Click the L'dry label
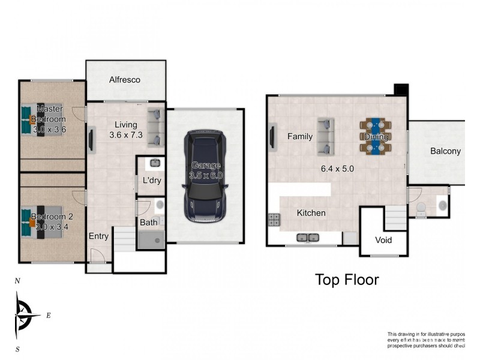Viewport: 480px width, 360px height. pyautogui.click(x=151, y=181)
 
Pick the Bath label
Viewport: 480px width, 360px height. pyautogui.click(x=148, y=223)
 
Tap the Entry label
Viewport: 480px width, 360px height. pyautogui.click(x=98, y=236)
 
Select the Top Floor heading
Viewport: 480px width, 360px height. pyautogui.click(x=347, y=279)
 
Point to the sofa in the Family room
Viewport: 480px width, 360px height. pyautogui.click(x=326, y=136)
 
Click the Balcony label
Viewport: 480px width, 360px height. pyautogui.click(x=445, y=151)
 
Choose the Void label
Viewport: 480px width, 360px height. pyautogui.click(x=383, y=239)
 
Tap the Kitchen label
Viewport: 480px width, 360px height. pyautogui.click(x=311, y=213)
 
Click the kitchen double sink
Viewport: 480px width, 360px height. pyautogui.click(x=308, y=238)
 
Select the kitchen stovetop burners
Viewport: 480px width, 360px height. pyautogui.click(x=274, y=220)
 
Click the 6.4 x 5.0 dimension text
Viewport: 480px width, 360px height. pyautogui.click(x=337, y=169)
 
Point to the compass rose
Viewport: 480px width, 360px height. pyautogui.click(x=23, y=314)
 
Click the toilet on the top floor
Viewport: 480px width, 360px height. pyautogui.click(x=421, y=208)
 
